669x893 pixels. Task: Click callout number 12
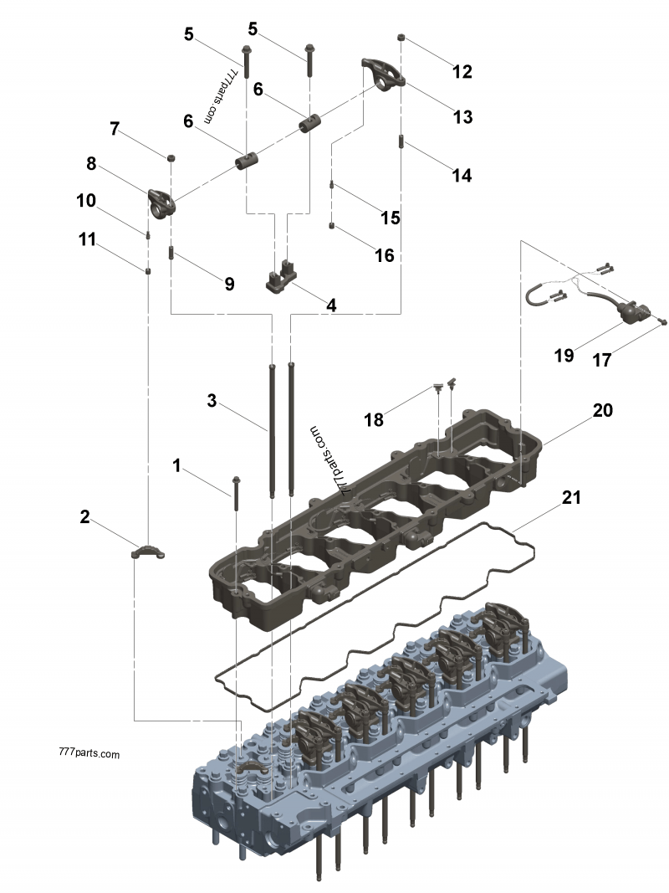click(462, 72)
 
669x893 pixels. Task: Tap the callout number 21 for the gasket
click(571, 497)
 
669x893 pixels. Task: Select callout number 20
click(603, 410)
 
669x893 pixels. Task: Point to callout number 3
click(212, 401)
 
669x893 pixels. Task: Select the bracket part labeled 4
click(282, 278)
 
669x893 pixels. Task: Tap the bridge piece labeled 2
click(148, 552)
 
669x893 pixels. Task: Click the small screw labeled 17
click(663, 321)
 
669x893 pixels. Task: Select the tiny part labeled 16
click(332, 224)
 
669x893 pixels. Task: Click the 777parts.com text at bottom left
click(89, 753)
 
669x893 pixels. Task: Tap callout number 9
click(229, 284)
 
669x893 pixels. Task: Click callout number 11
click(88, 240)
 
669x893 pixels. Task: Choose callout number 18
click(374, 419)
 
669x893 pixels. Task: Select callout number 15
click(390, 218)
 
